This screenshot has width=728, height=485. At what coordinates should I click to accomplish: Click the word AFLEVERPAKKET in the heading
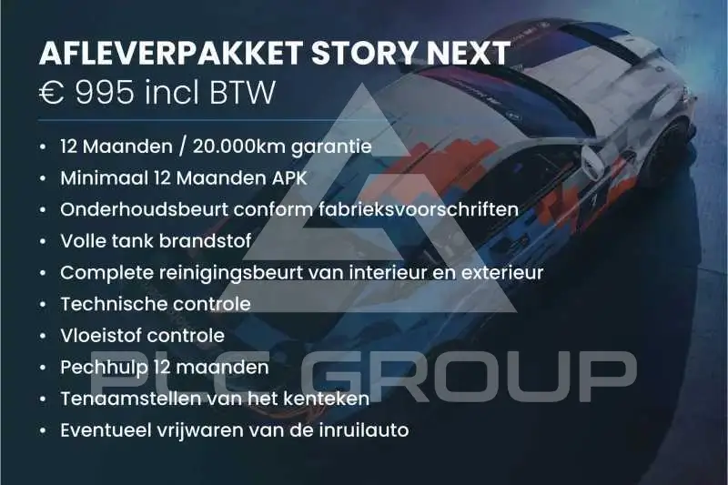pyautogui.click(x=171, y=53)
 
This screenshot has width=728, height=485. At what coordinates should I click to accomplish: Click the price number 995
pyautogui.click(x=105, y=92)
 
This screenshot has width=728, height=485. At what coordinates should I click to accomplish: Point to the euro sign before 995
pyautogui.click(x=52, y=92)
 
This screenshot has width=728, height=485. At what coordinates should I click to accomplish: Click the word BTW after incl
pyautogui.click(x=243, y=92)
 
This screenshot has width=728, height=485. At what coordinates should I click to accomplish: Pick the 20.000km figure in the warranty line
pyautogui.click(x=238, y=147)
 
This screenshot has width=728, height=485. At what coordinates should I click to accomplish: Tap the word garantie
pyautogui.click(x=331, y=147)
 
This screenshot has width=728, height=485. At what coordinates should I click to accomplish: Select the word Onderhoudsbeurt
pyautogui.click(x=144, y=209)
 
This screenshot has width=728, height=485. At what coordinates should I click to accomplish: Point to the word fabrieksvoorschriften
pyautogui.click(x=419, y=209)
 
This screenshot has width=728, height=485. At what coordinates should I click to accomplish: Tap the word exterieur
pyautogui.click(x=502, y=273)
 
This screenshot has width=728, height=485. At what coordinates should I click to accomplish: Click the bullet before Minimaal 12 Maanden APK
pyautogui.click(x=43, y=178)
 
